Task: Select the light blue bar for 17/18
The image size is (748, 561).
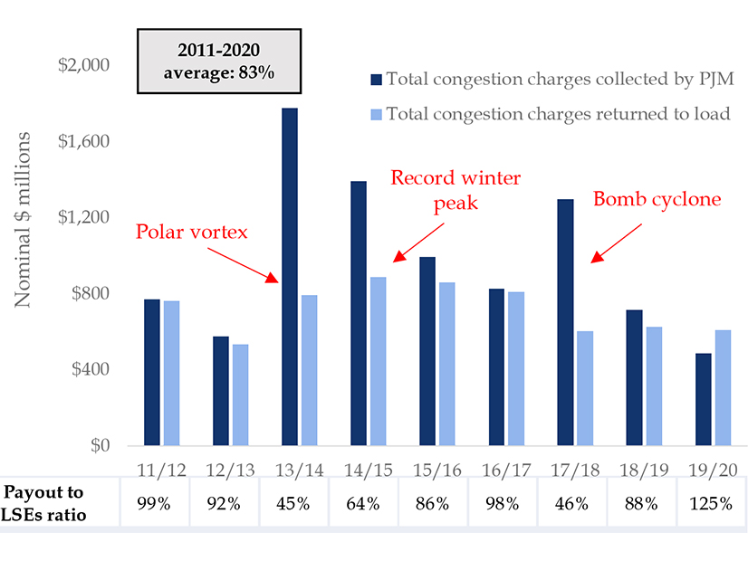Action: (x=584, y=388)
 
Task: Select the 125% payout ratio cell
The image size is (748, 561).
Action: (x=707, y=503)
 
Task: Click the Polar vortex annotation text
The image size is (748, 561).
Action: (x=192, y=232)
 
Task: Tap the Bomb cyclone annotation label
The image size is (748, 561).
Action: (x=657, y=199)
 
